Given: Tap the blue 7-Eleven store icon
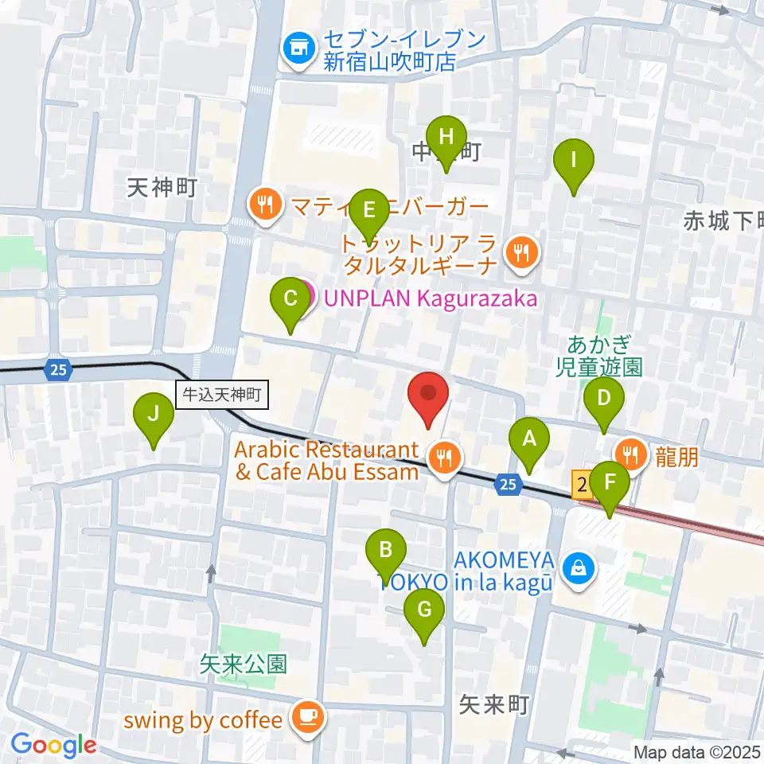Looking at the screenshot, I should tap(298, 50).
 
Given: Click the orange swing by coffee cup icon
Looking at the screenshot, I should tap(306, 718).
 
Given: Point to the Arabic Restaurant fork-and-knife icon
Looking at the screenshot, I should tap(441, 458).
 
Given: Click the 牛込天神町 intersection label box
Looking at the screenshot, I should tap(223, 393).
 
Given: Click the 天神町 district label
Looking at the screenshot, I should tap(162, 188).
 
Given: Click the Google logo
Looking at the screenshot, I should tap(53, 745).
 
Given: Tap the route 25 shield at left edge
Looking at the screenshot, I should tap(57, 369).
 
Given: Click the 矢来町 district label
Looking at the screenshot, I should tap(494, 704).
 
